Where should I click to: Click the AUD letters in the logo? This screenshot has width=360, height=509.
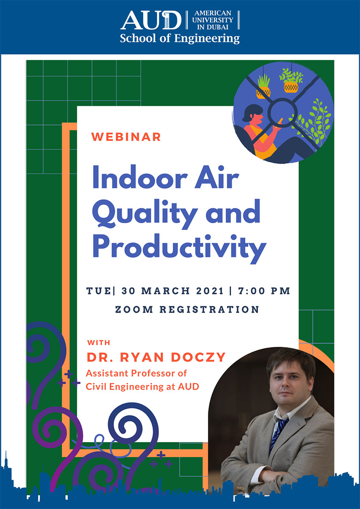coord(151,21)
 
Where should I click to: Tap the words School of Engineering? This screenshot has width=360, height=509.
coord(180,39)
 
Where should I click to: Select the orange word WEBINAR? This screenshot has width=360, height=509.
coord(126,137)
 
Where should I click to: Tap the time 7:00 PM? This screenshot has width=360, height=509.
coord(264,291)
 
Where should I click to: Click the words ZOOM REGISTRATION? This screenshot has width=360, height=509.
coord(187,310)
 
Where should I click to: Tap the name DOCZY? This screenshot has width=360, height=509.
coord(198,357)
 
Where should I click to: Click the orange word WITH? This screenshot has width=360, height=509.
coord(99,343)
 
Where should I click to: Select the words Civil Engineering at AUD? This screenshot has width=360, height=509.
coord(142,387)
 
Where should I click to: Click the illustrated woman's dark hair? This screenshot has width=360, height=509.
coord(251,112)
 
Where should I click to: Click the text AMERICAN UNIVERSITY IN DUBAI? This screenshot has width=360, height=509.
coord(213,20)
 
